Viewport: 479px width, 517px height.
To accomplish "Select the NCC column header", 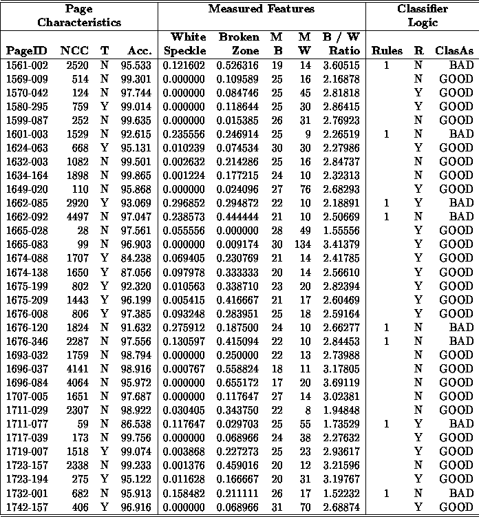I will [x=73, y=50].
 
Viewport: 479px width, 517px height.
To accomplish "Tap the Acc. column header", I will [x=139, y=50].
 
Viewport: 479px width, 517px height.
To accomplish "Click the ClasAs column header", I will [x=454, y=50].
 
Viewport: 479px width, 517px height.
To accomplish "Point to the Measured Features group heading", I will [x=262, y=9].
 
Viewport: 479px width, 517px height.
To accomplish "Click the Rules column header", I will [x=387, y=50].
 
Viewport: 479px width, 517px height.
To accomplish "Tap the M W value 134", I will [x=301, y=244].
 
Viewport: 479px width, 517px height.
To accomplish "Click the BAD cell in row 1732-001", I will [x=460, y=494].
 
